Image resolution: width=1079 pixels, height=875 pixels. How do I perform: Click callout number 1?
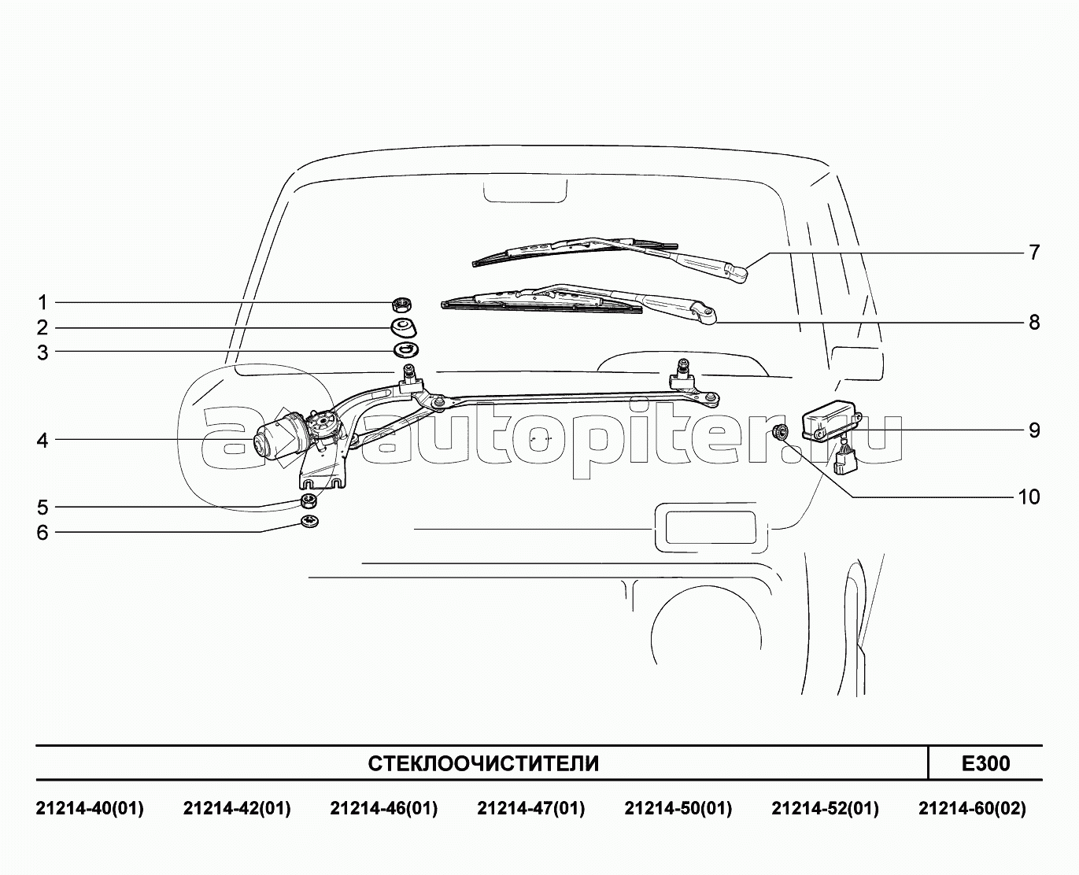42,303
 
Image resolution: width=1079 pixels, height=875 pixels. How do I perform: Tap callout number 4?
42,441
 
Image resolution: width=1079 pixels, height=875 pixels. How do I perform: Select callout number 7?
1034,252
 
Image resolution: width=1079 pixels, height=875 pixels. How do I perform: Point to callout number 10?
1029,497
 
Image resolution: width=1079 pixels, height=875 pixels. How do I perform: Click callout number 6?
42,532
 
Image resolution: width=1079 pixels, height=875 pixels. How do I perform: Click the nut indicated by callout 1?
401,305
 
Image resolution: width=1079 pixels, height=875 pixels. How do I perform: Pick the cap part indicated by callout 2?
404,327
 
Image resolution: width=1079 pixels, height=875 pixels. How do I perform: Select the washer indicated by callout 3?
406,349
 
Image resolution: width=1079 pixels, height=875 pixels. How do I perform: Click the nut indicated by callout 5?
309,501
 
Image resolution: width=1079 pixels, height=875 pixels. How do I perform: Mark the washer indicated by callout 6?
309,521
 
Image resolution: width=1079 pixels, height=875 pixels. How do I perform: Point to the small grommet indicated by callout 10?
781,432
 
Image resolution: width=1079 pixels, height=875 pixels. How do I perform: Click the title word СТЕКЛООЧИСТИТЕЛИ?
483,764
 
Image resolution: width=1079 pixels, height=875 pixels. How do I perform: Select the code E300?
986,763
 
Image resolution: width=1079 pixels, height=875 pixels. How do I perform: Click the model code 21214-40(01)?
90,809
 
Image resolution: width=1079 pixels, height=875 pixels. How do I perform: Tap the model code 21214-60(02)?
972,809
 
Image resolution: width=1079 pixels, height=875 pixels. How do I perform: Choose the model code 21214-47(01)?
531,809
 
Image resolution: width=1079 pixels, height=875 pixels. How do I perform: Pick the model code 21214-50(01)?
678,809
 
